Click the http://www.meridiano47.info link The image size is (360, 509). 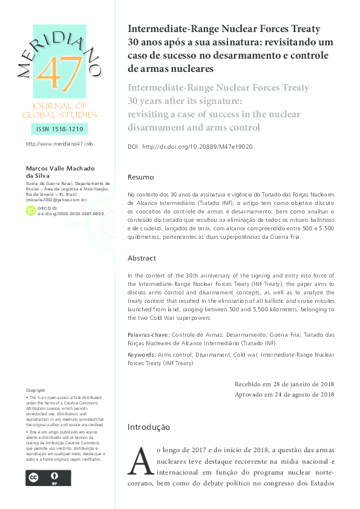tap(59, 144)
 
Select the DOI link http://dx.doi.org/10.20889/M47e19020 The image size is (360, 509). tap(197, 147)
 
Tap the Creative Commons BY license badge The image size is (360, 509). tap(48, 478)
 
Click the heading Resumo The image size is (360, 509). tap(140, 178)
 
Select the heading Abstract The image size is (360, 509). tap(142, 258)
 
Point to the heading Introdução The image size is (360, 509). tap(148, 427)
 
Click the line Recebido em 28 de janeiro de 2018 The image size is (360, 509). tap(284, 384)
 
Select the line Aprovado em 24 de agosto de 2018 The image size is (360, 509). tap(284, 395)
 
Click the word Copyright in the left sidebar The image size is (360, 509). tap(36, 391)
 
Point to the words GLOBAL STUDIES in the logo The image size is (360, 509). tap(58, 115)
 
